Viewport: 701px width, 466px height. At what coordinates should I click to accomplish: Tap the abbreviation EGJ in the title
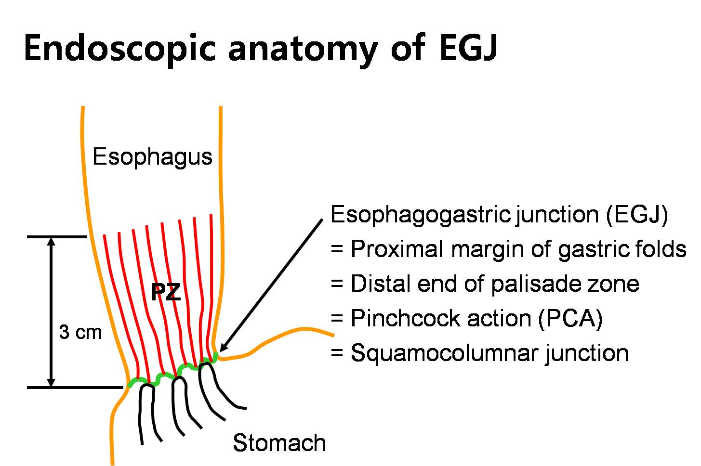468,48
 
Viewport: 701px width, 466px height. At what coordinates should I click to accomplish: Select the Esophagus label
152,157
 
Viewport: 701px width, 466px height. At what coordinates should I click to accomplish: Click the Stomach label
279,443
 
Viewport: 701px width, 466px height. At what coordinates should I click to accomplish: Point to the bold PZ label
166,292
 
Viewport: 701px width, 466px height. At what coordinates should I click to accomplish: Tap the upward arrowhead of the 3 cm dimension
51,242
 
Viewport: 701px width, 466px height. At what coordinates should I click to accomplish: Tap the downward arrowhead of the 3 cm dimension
51,382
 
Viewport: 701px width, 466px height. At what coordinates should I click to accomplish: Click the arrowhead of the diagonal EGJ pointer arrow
224,347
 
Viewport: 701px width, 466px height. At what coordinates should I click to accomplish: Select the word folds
661,249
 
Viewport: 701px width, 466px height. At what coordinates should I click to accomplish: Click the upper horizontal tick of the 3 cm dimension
57,237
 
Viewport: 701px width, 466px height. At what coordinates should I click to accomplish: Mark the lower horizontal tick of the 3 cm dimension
75,388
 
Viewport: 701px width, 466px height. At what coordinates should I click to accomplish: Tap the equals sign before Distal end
337,284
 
